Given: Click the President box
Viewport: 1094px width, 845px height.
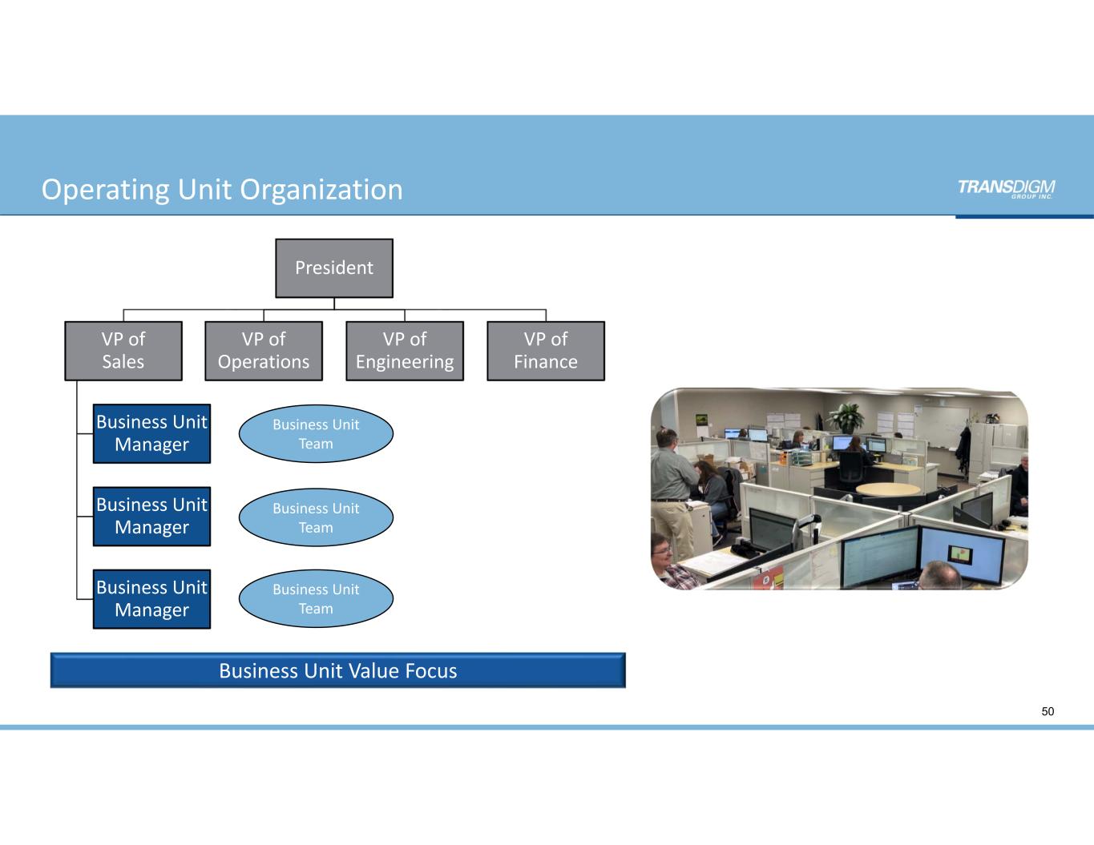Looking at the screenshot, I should click(334, 268).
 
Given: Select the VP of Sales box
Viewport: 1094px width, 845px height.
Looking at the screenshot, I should click(123, 351).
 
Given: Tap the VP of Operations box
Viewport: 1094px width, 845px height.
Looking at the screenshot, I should click(264, 351).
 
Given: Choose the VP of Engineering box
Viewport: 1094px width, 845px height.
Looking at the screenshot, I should click(405, 351).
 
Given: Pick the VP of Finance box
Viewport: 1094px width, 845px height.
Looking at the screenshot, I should click(546, 351).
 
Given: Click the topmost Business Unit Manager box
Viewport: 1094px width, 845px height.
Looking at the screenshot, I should click(151, 433).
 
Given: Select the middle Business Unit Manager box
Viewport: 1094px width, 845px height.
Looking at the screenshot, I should click(151, 517).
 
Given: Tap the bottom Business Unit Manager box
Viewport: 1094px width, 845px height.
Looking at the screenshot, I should click(151, 599).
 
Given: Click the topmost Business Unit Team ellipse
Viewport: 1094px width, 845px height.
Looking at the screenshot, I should click(316, 434).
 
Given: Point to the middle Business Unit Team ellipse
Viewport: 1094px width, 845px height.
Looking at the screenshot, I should click(316, 517).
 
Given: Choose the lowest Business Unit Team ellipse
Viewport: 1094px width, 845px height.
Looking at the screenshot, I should click(316, 599).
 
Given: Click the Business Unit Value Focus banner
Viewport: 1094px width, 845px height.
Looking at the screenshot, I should click(337, 670).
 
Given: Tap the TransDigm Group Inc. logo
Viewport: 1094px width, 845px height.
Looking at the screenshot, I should click(1006, 188).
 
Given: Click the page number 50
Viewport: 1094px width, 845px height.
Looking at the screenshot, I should click(1048, 711).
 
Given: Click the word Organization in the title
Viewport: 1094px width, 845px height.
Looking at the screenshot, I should click(321, 190).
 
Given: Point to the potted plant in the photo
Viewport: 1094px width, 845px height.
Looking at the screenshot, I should click(846, 416).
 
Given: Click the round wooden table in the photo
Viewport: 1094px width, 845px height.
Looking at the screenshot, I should click(887, 489).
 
